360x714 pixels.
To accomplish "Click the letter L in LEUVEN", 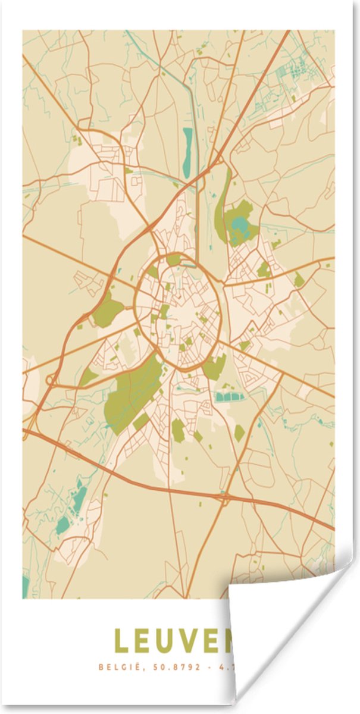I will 122,641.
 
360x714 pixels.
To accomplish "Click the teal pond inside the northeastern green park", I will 239,226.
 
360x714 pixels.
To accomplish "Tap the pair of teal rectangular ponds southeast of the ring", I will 226,396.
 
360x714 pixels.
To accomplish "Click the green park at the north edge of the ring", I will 174,259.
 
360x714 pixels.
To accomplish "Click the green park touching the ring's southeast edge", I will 215,367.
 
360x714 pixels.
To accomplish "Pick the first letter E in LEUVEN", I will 148,641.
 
